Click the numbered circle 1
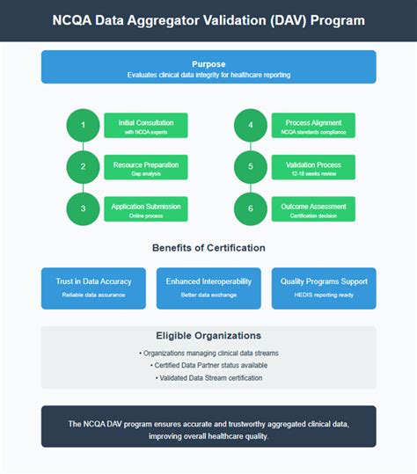(83, 126)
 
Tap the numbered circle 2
(83, 167)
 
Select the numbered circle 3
(83, 209)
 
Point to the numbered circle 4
(251, 126)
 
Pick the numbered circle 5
(251, 167)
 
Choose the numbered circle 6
(251, 209)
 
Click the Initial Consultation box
(146, 126)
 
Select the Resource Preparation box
(146, 167)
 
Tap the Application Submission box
(146, 209)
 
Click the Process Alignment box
(314, 126)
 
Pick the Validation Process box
(314, 167)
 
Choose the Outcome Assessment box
(314, 209)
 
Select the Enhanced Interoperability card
(208, 288)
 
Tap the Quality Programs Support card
(324, 288)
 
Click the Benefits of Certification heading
(208, 248)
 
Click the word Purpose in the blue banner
(208, 63)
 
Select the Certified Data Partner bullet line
(208, 365)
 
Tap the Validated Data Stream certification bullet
(208, 378)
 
